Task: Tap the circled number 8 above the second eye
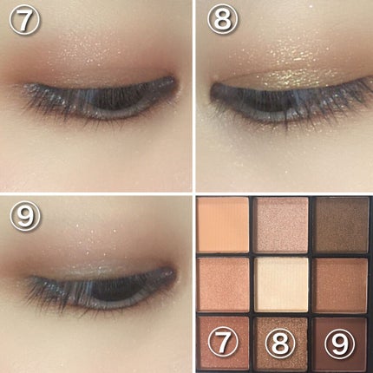pyautogui.click(x=220, y=19)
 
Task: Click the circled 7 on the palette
pyautogui.click(x=224, y=344)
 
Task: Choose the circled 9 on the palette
pyautogui.click(x=339, y=344)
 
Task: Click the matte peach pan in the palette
pyautogui.click(x=224, y=224)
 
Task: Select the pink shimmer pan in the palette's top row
pyautogui.click(x=282, y=224)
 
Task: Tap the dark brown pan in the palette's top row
pyautogui.click(x=341, y=224)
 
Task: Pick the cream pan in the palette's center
pyautogui.click(x=282, y=284)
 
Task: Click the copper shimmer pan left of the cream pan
pyautogui.click(x=224, y=284)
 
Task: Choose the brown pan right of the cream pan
pyautogui.click(x=341, y=284)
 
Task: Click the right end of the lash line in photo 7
pyautogui.click(x=172, y=83)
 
